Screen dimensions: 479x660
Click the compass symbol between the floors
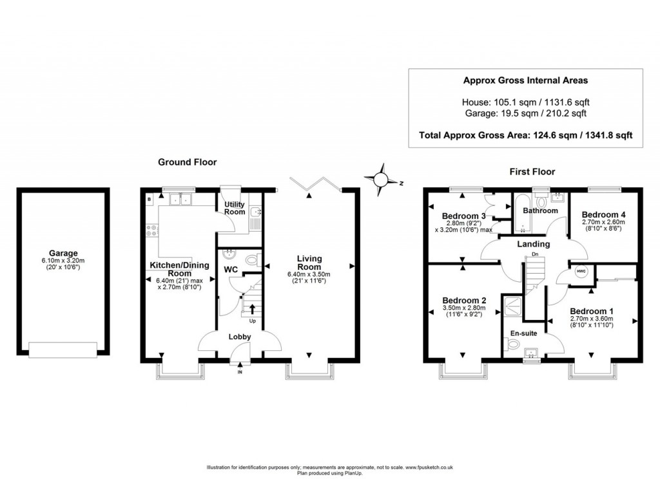pos(381,180)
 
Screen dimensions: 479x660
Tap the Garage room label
pos(63,253)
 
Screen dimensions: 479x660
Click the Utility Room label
pos(234,207)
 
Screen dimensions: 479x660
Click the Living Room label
pos(309,263)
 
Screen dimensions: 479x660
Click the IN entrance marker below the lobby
pos(240,372)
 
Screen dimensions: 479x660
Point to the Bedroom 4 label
pos(603,214)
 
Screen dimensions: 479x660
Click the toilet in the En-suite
pos(513,344)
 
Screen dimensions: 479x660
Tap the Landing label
pos(534,244)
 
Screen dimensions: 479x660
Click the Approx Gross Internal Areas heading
pos(525,80)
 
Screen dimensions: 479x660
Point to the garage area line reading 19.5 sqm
pos(525,113)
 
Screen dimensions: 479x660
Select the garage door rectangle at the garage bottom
pos(63,349)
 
